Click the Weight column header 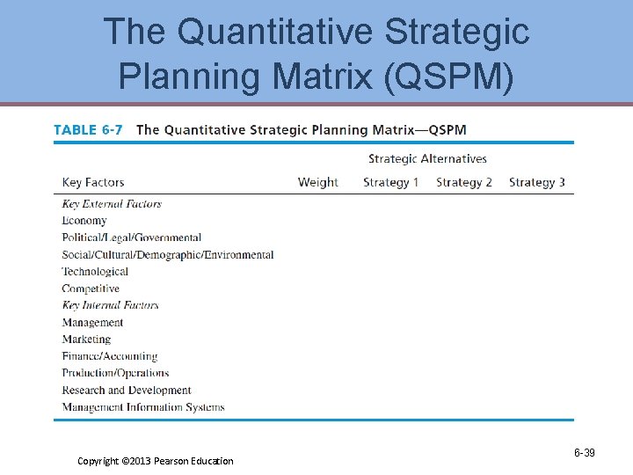(317, 182)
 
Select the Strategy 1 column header (390, 182)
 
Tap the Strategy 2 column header (464, 182)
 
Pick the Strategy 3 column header (537, 182)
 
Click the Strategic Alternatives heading (427, 159)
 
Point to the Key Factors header (93, 182)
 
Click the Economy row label (84, 221)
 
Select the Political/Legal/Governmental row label (132, 237)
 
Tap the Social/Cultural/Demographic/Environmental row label (168, 255)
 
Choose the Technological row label (95, 272)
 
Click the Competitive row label (91, 289)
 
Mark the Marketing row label (86, 340)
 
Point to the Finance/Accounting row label (110, 356)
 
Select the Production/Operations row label (115, 373)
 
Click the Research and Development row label (127, 391)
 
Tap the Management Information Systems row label (143, 407)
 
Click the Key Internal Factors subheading (111, 305)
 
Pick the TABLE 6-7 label (88, 130)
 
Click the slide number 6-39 (585, 453)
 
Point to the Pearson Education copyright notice (156, 461)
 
